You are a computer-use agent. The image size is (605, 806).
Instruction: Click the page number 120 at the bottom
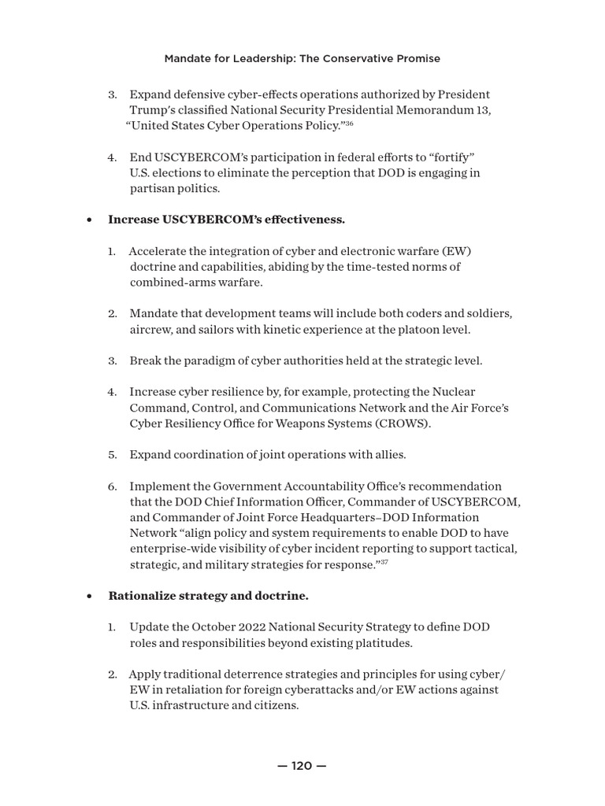pos(302,766)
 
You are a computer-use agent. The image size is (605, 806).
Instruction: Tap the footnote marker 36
pos(349,124)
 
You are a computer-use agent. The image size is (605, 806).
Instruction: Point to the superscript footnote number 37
pos(384,562)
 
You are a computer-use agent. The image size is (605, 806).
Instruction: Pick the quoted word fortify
pos(447,157)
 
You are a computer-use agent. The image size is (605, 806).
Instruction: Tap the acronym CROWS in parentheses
pos(400,423)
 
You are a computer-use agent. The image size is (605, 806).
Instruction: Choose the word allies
pos(388,455)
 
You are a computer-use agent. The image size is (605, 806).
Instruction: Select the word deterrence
pos(242,675)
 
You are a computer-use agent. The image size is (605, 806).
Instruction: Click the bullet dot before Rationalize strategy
pos(90,597)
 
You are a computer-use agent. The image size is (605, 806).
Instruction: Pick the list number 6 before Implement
pos(112,486)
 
